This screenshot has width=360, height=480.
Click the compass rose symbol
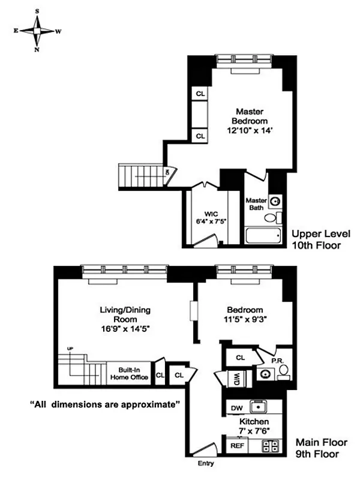pyautogui.click(x=37, y=31)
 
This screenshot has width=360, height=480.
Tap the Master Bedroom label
pyautogui.click(x=250, y=120)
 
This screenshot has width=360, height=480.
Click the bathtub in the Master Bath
pyautogui.click(x=263, y=235)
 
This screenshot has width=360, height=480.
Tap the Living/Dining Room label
pyautogui.click(x=125, y=319)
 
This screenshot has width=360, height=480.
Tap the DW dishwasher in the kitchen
pyautogui.click(x=236, y=409)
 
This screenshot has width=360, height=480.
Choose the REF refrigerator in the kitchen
pyautogui.click(x=236, y=446)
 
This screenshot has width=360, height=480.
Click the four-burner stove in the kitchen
pyautogui.click(x=271, y=446)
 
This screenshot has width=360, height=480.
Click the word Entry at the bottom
pyautogui.click(x=205, y=464)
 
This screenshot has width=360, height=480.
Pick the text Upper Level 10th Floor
pyautogui.click(x=320, y=239)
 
